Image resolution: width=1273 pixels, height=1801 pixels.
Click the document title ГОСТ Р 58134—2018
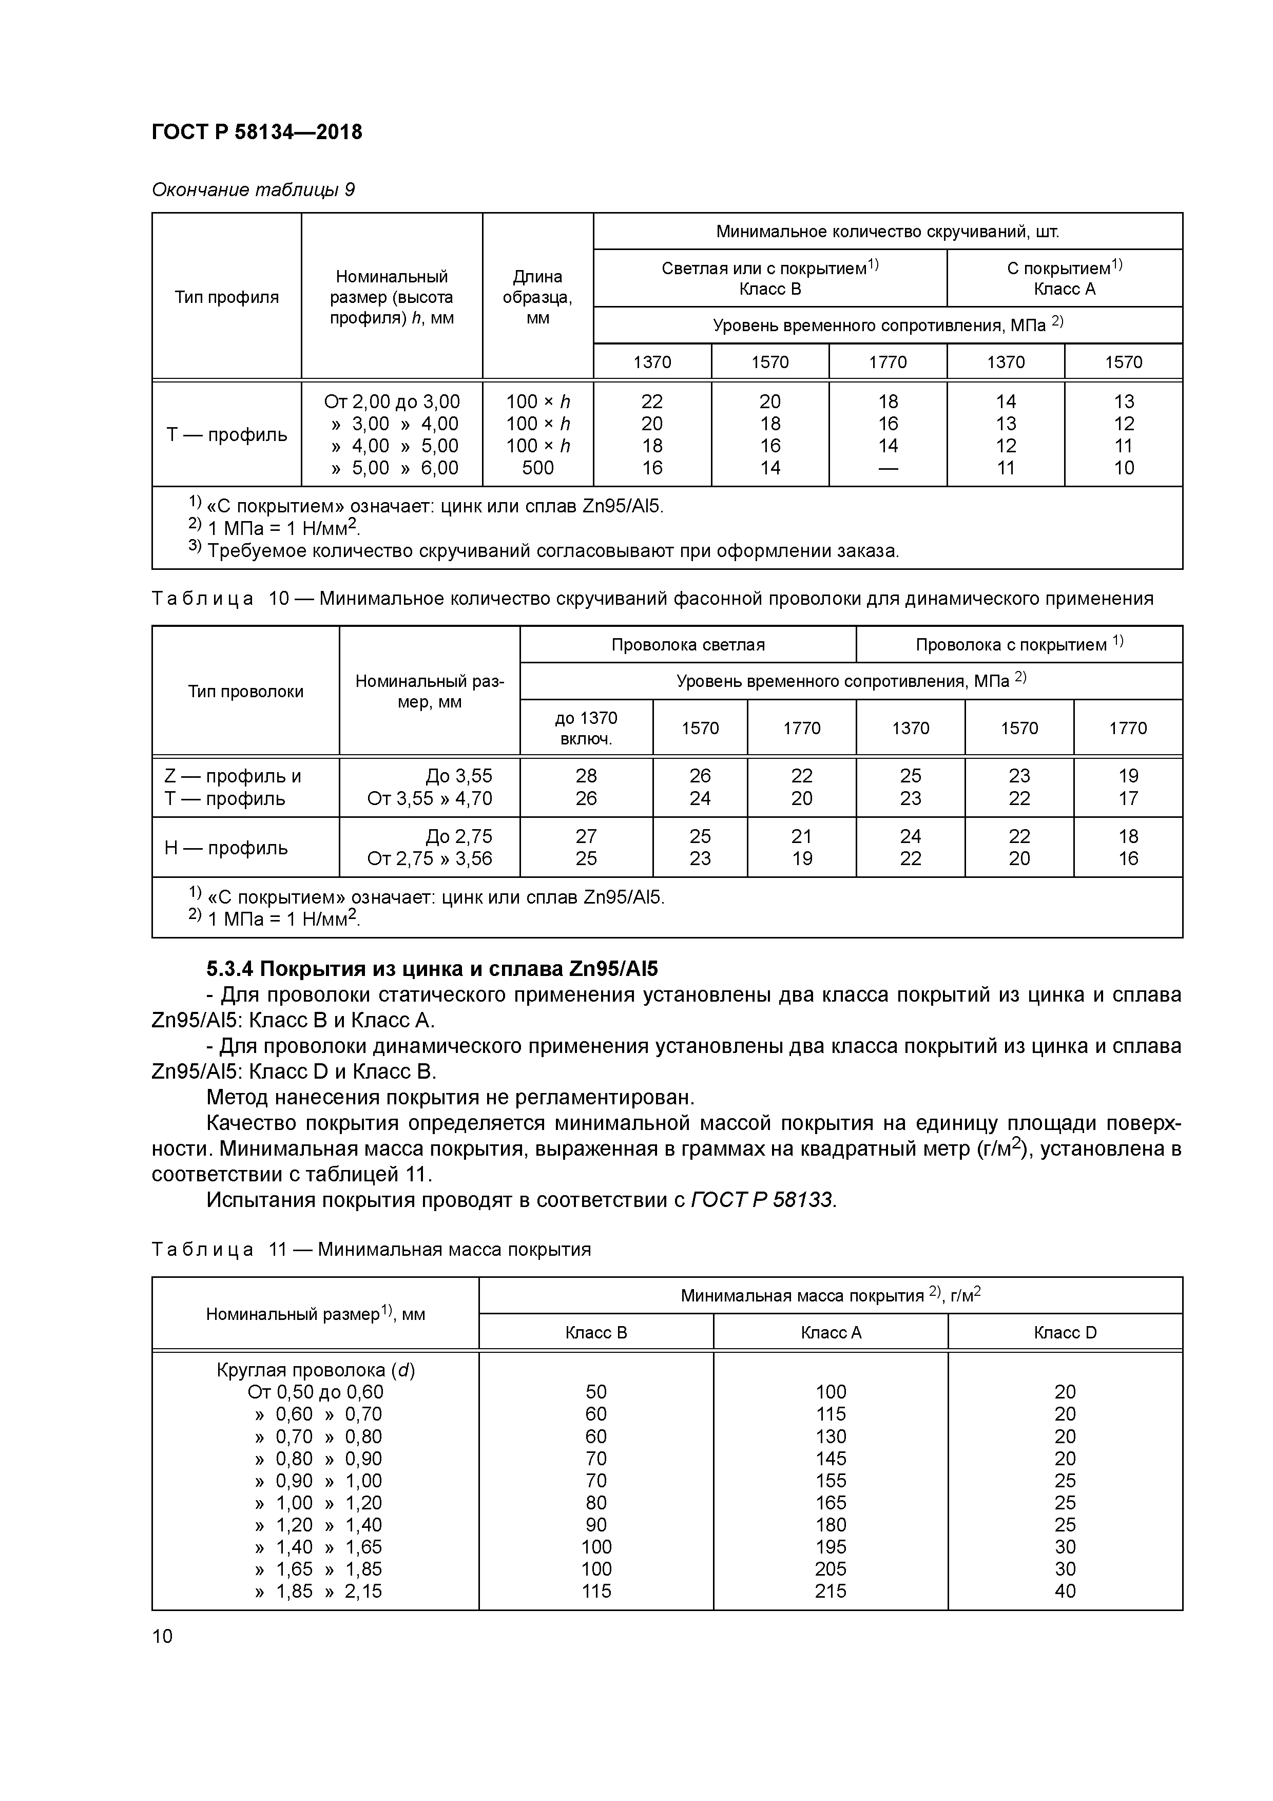(257, 132)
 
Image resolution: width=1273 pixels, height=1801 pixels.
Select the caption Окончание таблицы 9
(253, 190)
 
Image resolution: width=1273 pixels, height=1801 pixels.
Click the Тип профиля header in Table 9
(227, 297)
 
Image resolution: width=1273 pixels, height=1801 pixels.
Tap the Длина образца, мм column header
(537, 297)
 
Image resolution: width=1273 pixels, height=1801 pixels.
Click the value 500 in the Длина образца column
(537, 468)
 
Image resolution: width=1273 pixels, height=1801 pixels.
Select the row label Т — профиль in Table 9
(227, 434)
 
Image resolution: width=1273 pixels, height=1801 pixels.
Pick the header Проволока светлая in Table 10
(688, 645)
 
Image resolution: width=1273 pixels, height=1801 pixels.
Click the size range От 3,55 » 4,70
(430, 798)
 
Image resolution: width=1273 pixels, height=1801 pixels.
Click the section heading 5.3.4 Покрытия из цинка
(432, 969)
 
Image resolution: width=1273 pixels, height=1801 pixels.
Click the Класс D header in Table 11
(1065, 1333)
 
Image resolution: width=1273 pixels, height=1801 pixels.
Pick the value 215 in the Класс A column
(831, 1591)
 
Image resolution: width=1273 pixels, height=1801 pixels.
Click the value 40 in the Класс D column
(1065, 1591)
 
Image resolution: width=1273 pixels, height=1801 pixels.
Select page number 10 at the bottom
(162, 1636)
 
